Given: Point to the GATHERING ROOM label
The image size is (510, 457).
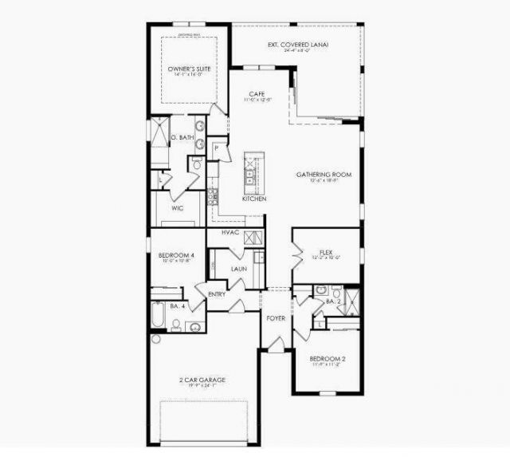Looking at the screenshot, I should (324, 175).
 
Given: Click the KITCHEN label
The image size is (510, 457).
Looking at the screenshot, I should (253, 199).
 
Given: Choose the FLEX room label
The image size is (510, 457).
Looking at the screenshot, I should (325, 251).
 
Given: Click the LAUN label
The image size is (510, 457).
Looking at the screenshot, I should (238, 269).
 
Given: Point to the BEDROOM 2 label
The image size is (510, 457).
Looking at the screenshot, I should (328, 359).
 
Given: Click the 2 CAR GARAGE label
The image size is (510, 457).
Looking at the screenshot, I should (202, 380).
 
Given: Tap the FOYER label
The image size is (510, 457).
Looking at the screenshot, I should (276, 318).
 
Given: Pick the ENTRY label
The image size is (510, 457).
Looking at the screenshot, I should (217, 294).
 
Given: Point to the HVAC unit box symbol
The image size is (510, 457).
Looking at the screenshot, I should (253, 237).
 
